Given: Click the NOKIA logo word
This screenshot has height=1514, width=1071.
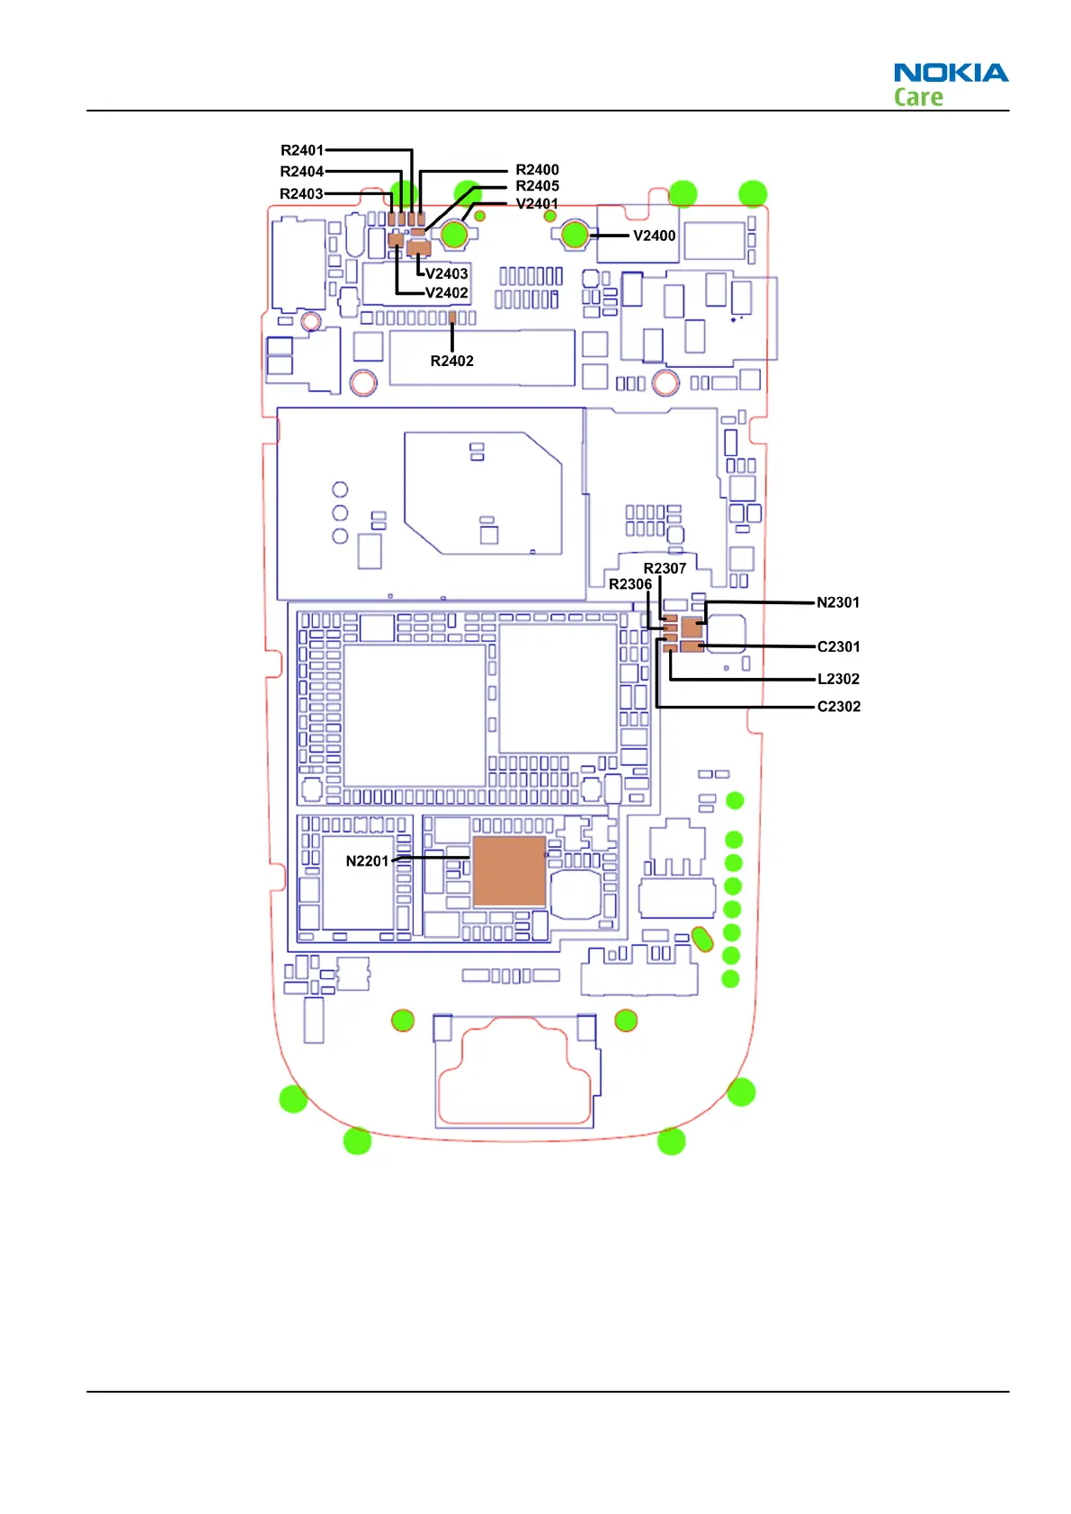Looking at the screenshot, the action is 951,72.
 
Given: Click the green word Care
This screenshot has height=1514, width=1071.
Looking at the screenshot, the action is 918,97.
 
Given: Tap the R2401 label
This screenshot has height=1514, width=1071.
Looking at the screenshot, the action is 302,150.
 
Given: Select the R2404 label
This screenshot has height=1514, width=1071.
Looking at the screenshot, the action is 302,172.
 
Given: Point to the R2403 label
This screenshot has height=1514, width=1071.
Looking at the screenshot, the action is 301,194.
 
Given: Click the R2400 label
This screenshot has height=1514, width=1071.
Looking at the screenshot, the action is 538,170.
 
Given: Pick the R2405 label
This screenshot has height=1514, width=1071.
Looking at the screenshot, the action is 538,186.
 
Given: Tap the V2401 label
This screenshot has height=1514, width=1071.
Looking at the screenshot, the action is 538,203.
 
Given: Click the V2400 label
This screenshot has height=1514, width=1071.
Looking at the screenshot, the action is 654,236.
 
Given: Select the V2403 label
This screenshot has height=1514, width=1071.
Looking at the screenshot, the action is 446,273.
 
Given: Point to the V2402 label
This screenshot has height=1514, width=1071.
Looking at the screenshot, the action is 446,293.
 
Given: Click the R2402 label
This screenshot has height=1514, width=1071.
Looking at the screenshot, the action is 451,361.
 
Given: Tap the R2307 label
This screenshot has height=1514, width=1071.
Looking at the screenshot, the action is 665,568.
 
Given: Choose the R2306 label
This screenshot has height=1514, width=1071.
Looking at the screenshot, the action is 630,584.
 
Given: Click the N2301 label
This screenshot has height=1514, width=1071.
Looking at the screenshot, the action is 838,602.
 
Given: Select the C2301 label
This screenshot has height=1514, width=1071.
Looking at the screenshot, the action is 838,646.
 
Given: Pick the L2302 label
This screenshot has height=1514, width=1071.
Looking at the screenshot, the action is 838,679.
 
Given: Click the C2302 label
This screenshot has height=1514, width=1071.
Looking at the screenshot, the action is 838,707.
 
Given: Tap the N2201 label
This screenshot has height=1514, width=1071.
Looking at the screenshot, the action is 367,861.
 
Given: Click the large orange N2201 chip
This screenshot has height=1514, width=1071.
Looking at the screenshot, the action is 509,871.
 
